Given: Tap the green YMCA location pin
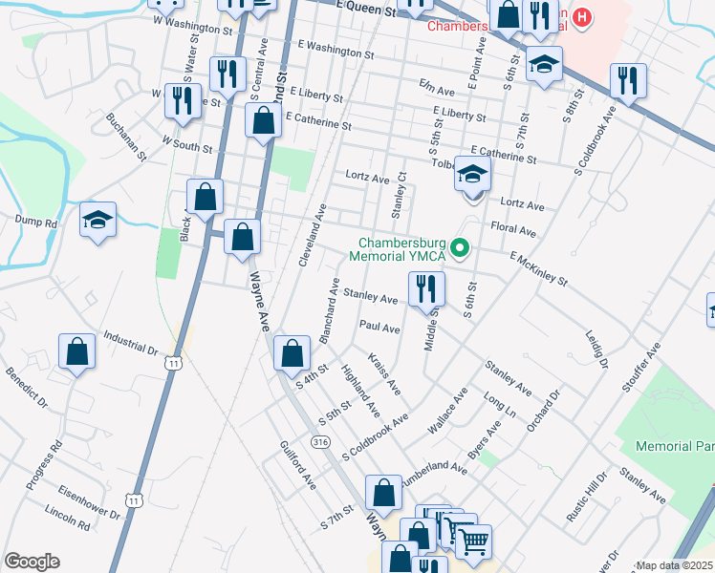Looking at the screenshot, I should tap(460, 249).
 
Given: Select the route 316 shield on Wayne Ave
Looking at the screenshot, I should tap(321, 440).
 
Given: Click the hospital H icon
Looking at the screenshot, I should tap(582, 17).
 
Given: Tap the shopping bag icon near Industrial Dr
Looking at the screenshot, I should tap(76, 351).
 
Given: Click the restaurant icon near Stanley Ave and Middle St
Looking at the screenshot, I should tap(426, 287).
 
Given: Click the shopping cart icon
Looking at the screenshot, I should tap(472, 541).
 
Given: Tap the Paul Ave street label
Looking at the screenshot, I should tap(379, 328).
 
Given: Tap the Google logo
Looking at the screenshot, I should tap(32, 561).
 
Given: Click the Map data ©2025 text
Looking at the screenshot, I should tap(673, 565).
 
